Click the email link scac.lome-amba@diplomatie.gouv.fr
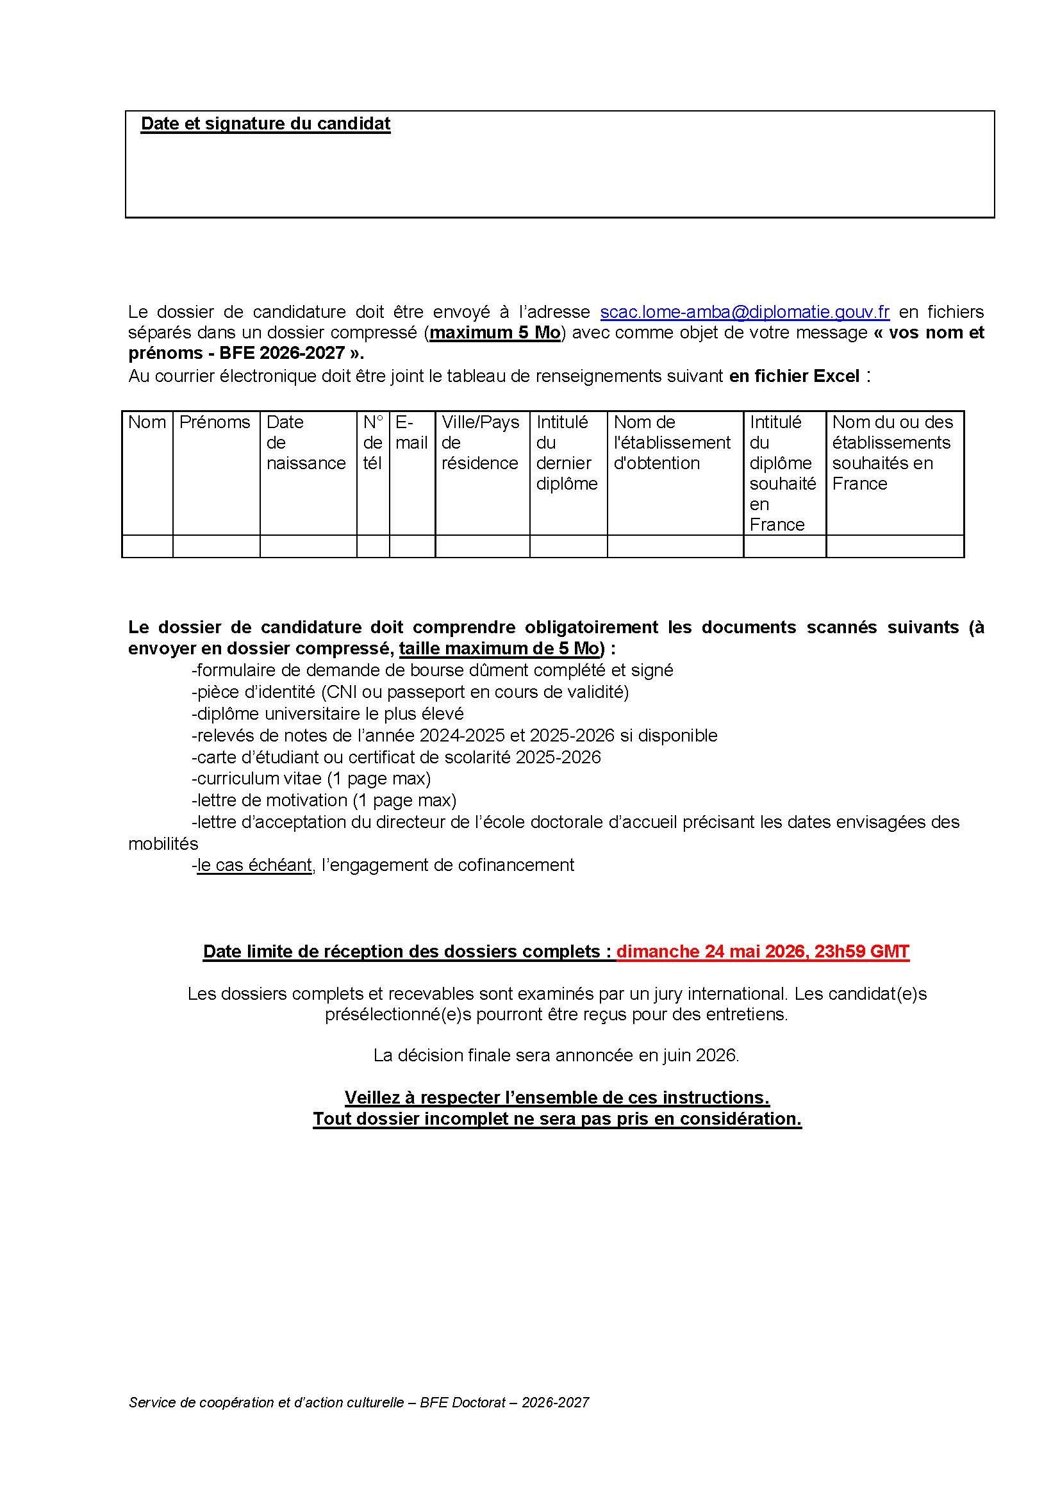[x=744, y=312]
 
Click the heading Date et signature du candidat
[x=265, y=124]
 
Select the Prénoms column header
[x=215, y=422]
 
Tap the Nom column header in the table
[x=147, y=422]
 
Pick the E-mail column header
[x=411, y=433]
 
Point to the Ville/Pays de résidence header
[x=481, y=443]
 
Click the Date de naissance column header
[x=306, y=443]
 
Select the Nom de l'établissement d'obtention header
[x=672, y=443]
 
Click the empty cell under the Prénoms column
[x=216, y=547]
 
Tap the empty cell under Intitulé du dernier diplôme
[x=568, y=547]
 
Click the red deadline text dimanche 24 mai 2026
[x=762, y=952]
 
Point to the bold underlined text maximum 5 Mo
[x=495, y=333]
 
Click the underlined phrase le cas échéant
[x=254, y=865]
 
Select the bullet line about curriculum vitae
[x=311, y=779]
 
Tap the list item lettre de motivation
[x=324, y=800]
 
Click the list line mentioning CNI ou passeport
[x=410, y=692]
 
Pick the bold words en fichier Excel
[x=793, y=377]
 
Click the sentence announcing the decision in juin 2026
[x=556, y=1056]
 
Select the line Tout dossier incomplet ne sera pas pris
[x=557, y=1119]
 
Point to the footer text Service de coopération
[x=358, y=1402]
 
